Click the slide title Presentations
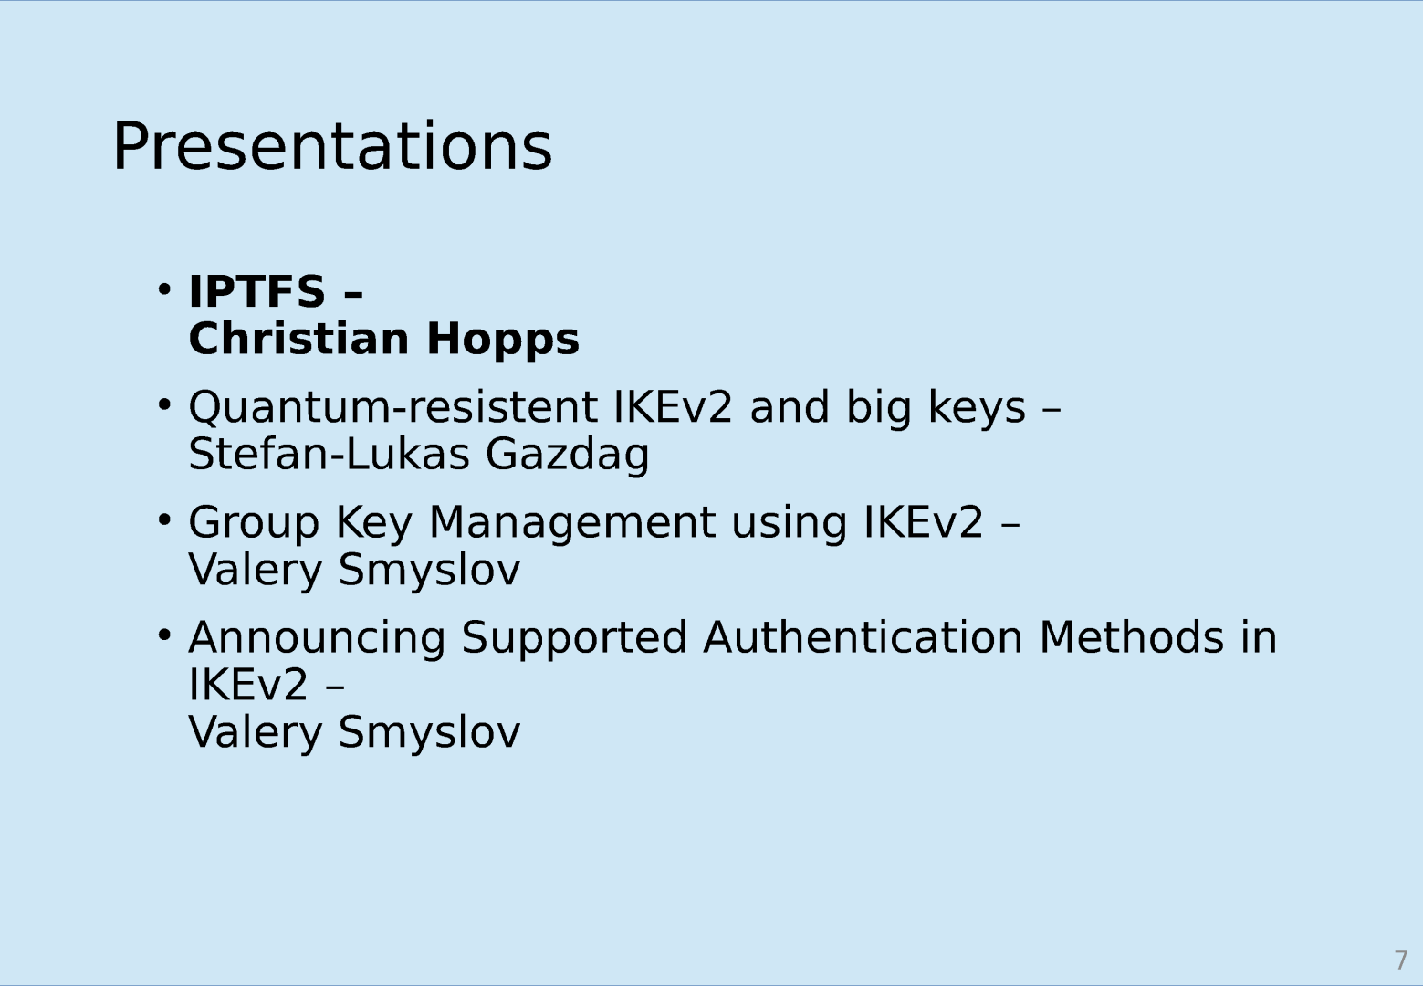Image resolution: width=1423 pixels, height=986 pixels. [x=332, y=147]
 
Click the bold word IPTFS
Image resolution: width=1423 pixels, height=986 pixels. [x=257, y=291]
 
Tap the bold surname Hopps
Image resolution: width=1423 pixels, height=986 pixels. [x=503, y=341]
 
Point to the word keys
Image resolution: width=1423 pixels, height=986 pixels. [x=977, y=408]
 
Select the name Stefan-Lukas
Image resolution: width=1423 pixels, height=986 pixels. [x=330, y=455]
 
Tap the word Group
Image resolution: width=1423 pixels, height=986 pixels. [x=254, y=524]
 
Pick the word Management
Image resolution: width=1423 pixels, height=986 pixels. [x=572, y=524]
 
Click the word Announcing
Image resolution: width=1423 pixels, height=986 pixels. [x=317, y=638]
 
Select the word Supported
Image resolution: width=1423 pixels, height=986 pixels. [x=574, y=638]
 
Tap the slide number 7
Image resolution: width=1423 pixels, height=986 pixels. [x=1401, y=960]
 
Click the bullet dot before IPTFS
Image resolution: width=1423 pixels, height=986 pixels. [x=164, y=290]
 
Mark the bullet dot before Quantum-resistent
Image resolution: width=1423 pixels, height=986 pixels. [x=164, y=404]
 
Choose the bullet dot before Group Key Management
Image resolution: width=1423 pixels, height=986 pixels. [x=164, y=520]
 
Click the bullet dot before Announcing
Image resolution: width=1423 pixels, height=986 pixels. [x=164, y=635]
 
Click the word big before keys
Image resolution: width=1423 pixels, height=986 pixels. [x=879, y=408]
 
